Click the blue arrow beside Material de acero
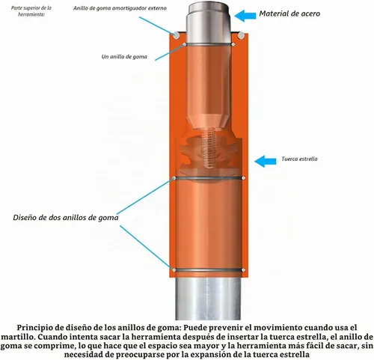point(245,16)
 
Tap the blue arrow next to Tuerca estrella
point(266,161)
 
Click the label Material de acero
point(289,13)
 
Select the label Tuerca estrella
point(299,159)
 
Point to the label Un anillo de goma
point(124,57)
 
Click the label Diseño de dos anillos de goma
point(66,218)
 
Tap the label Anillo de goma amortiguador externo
point(120,8)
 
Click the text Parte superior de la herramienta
point(31,11)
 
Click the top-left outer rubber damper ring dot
point(177,35)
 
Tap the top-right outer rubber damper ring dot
point(241,35)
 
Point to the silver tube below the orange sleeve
point(208,299)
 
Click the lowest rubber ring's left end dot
point(174,270)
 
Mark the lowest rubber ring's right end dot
point(243,270)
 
